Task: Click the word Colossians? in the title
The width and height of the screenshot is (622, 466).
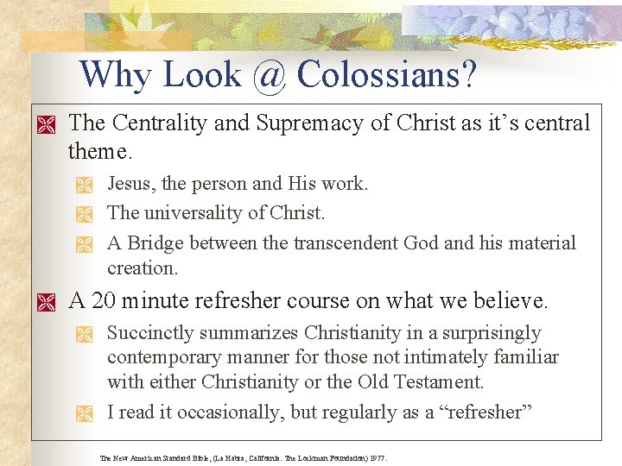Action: point(386,76)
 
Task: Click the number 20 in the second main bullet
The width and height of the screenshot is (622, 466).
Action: point(103,301)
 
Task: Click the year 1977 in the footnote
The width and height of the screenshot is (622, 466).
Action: point(377,458)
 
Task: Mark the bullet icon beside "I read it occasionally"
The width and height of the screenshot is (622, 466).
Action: point(83,413)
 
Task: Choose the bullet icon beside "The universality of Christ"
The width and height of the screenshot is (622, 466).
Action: point(83,214)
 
